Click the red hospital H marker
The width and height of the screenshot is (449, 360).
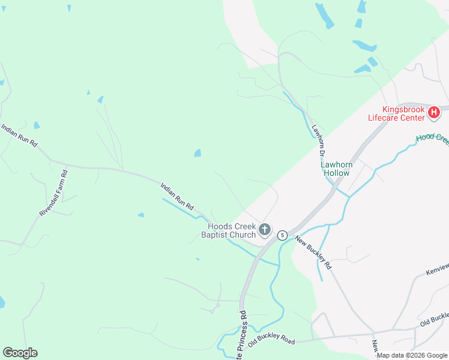click(433, 112)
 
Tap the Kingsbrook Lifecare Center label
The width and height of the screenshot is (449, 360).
click(405, 113)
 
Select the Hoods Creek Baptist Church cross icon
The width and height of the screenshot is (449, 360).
click(264, 229)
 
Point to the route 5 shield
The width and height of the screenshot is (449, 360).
click(282, 235)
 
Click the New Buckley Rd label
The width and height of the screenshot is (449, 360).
click(313, 251)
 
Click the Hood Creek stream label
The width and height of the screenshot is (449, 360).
click(432, 137)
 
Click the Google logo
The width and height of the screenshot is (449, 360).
click(20, 353)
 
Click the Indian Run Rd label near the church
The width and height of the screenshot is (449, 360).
click(177, 196)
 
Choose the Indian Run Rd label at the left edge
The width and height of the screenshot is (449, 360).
click(19, 136)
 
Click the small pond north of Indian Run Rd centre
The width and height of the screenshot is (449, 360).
click(197, 154)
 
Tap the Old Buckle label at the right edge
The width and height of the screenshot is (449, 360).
click(434, 319)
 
